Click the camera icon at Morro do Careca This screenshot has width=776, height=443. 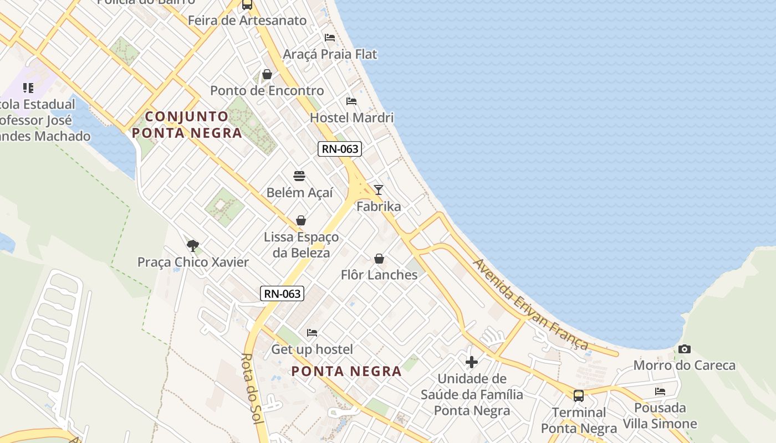tap(685, 349)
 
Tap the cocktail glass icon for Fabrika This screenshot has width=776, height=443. tap(379, 190)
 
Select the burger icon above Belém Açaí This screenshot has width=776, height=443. tap(299, 176)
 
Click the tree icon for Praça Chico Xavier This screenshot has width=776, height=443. tap(193, 245)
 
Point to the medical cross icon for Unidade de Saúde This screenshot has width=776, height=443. tap(472, 362)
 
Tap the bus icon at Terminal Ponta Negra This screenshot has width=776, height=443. tap(579, 396)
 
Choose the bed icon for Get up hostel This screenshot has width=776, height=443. tap(312, 332)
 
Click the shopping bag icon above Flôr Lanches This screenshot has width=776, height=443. tap(379, 259)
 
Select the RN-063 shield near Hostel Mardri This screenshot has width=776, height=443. tap(340, 149)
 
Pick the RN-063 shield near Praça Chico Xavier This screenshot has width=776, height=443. tap(282, 293)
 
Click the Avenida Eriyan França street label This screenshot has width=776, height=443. tap(530, 304)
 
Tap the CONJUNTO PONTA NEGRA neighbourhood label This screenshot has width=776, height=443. tap(187, 125)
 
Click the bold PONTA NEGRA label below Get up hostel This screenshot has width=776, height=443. tap(346, 371)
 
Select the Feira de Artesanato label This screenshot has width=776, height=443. tap(247, 20)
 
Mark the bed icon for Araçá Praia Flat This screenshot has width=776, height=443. tap(330, 38)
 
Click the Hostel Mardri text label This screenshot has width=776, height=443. tap(351, 117)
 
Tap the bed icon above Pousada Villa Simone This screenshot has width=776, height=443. tap(660, 391)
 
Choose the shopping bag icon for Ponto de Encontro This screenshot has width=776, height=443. tap(267, 74)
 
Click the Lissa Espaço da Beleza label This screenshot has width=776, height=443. tap(301, 245)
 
